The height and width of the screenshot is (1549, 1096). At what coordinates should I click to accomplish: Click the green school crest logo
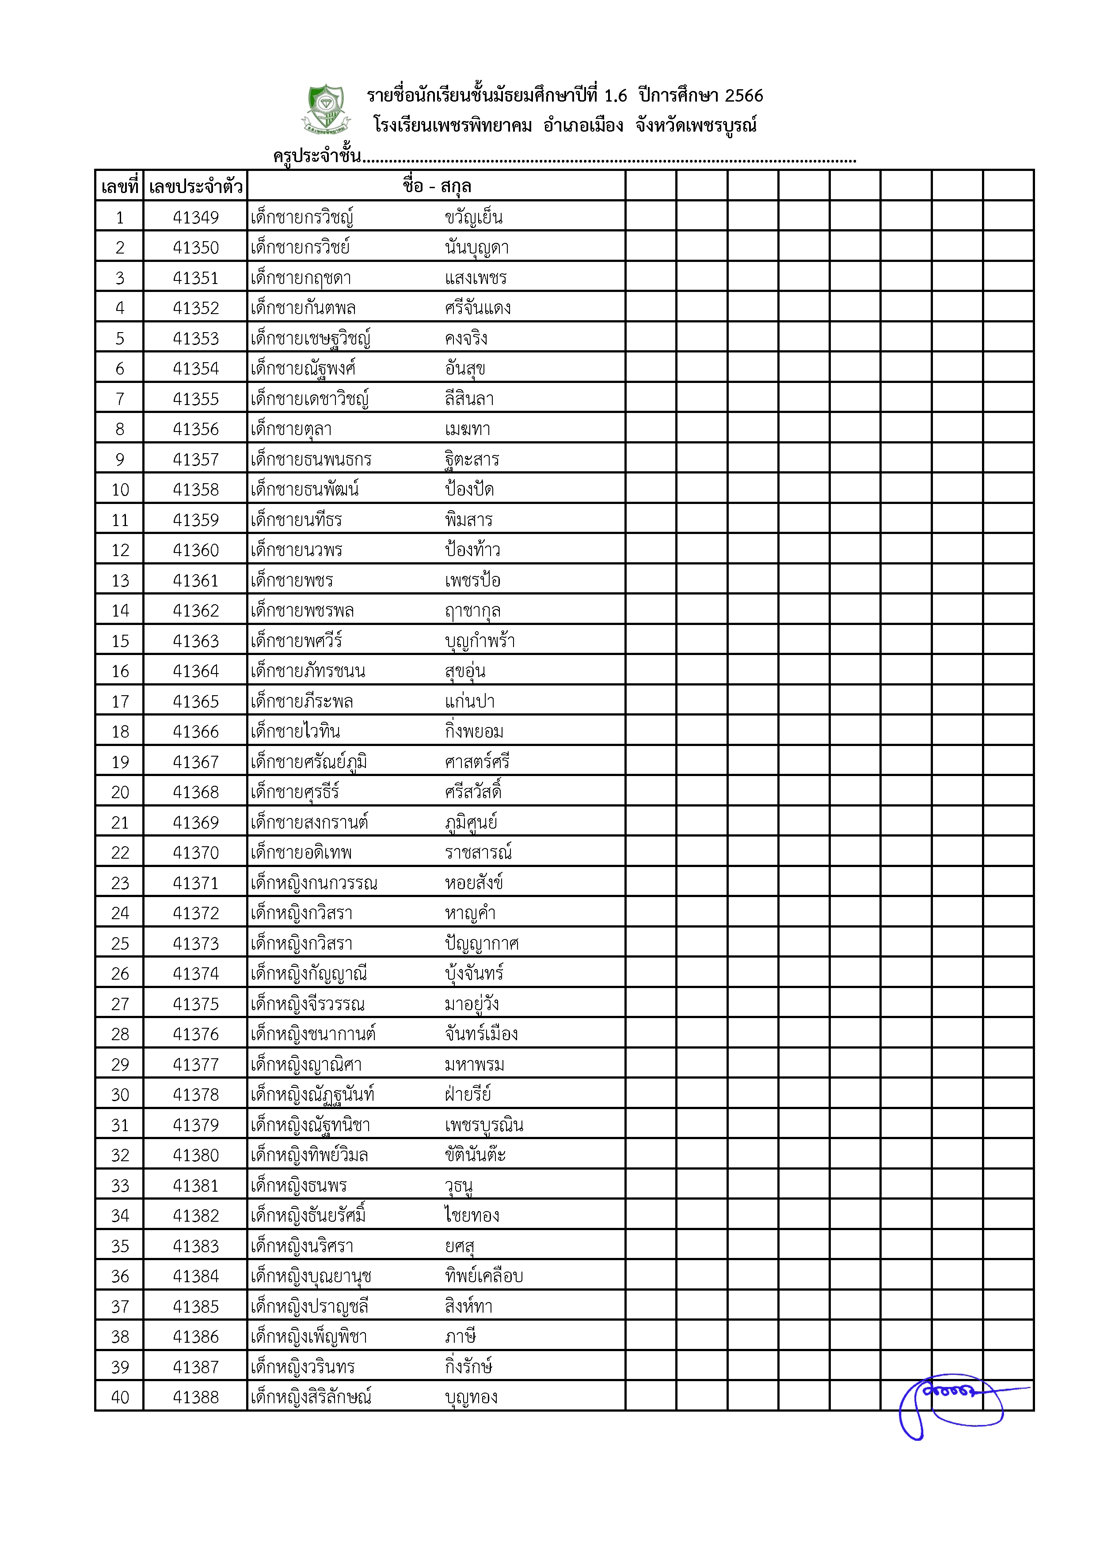(x=326, y=108)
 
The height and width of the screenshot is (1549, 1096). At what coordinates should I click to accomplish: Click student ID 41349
(x=196, y=217)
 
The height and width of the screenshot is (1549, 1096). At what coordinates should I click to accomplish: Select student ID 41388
(x=196, y=1397)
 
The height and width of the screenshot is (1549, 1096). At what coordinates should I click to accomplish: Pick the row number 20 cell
(x=119, y=792)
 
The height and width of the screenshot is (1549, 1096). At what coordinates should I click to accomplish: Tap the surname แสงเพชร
(x=475, y=278)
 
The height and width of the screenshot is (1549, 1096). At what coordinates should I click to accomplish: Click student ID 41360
(x=196, y=550)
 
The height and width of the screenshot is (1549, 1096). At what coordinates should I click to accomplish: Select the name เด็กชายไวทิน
(x=295, y=731)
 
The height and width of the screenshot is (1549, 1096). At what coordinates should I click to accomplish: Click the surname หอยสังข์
(x=474, y=882)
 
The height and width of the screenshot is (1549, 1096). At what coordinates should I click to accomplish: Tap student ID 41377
(x=196, y=1064)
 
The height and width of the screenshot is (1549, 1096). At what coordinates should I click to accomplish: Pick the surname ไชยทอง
(x=472, y=1216)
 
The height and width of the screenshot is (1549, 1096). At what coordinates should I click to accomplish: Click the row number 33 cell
(x=119, y=1185)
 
